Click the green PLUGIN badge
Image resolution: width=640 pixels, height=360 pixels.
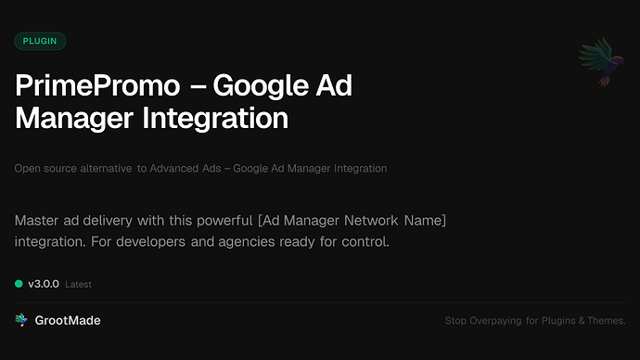[40, 41]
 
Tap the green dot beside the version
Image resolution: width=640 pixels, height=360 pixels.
[19, 283]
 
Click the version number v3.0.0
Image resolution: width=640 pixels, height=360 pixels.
[44, 283]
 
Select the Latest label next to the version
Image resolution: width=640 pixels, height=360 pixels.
[78, 284]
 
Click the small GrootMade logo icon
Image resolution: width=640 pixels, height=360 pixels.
[21, 320]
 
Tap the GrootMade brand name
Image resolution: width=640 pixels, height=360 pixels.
[69, 320]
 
